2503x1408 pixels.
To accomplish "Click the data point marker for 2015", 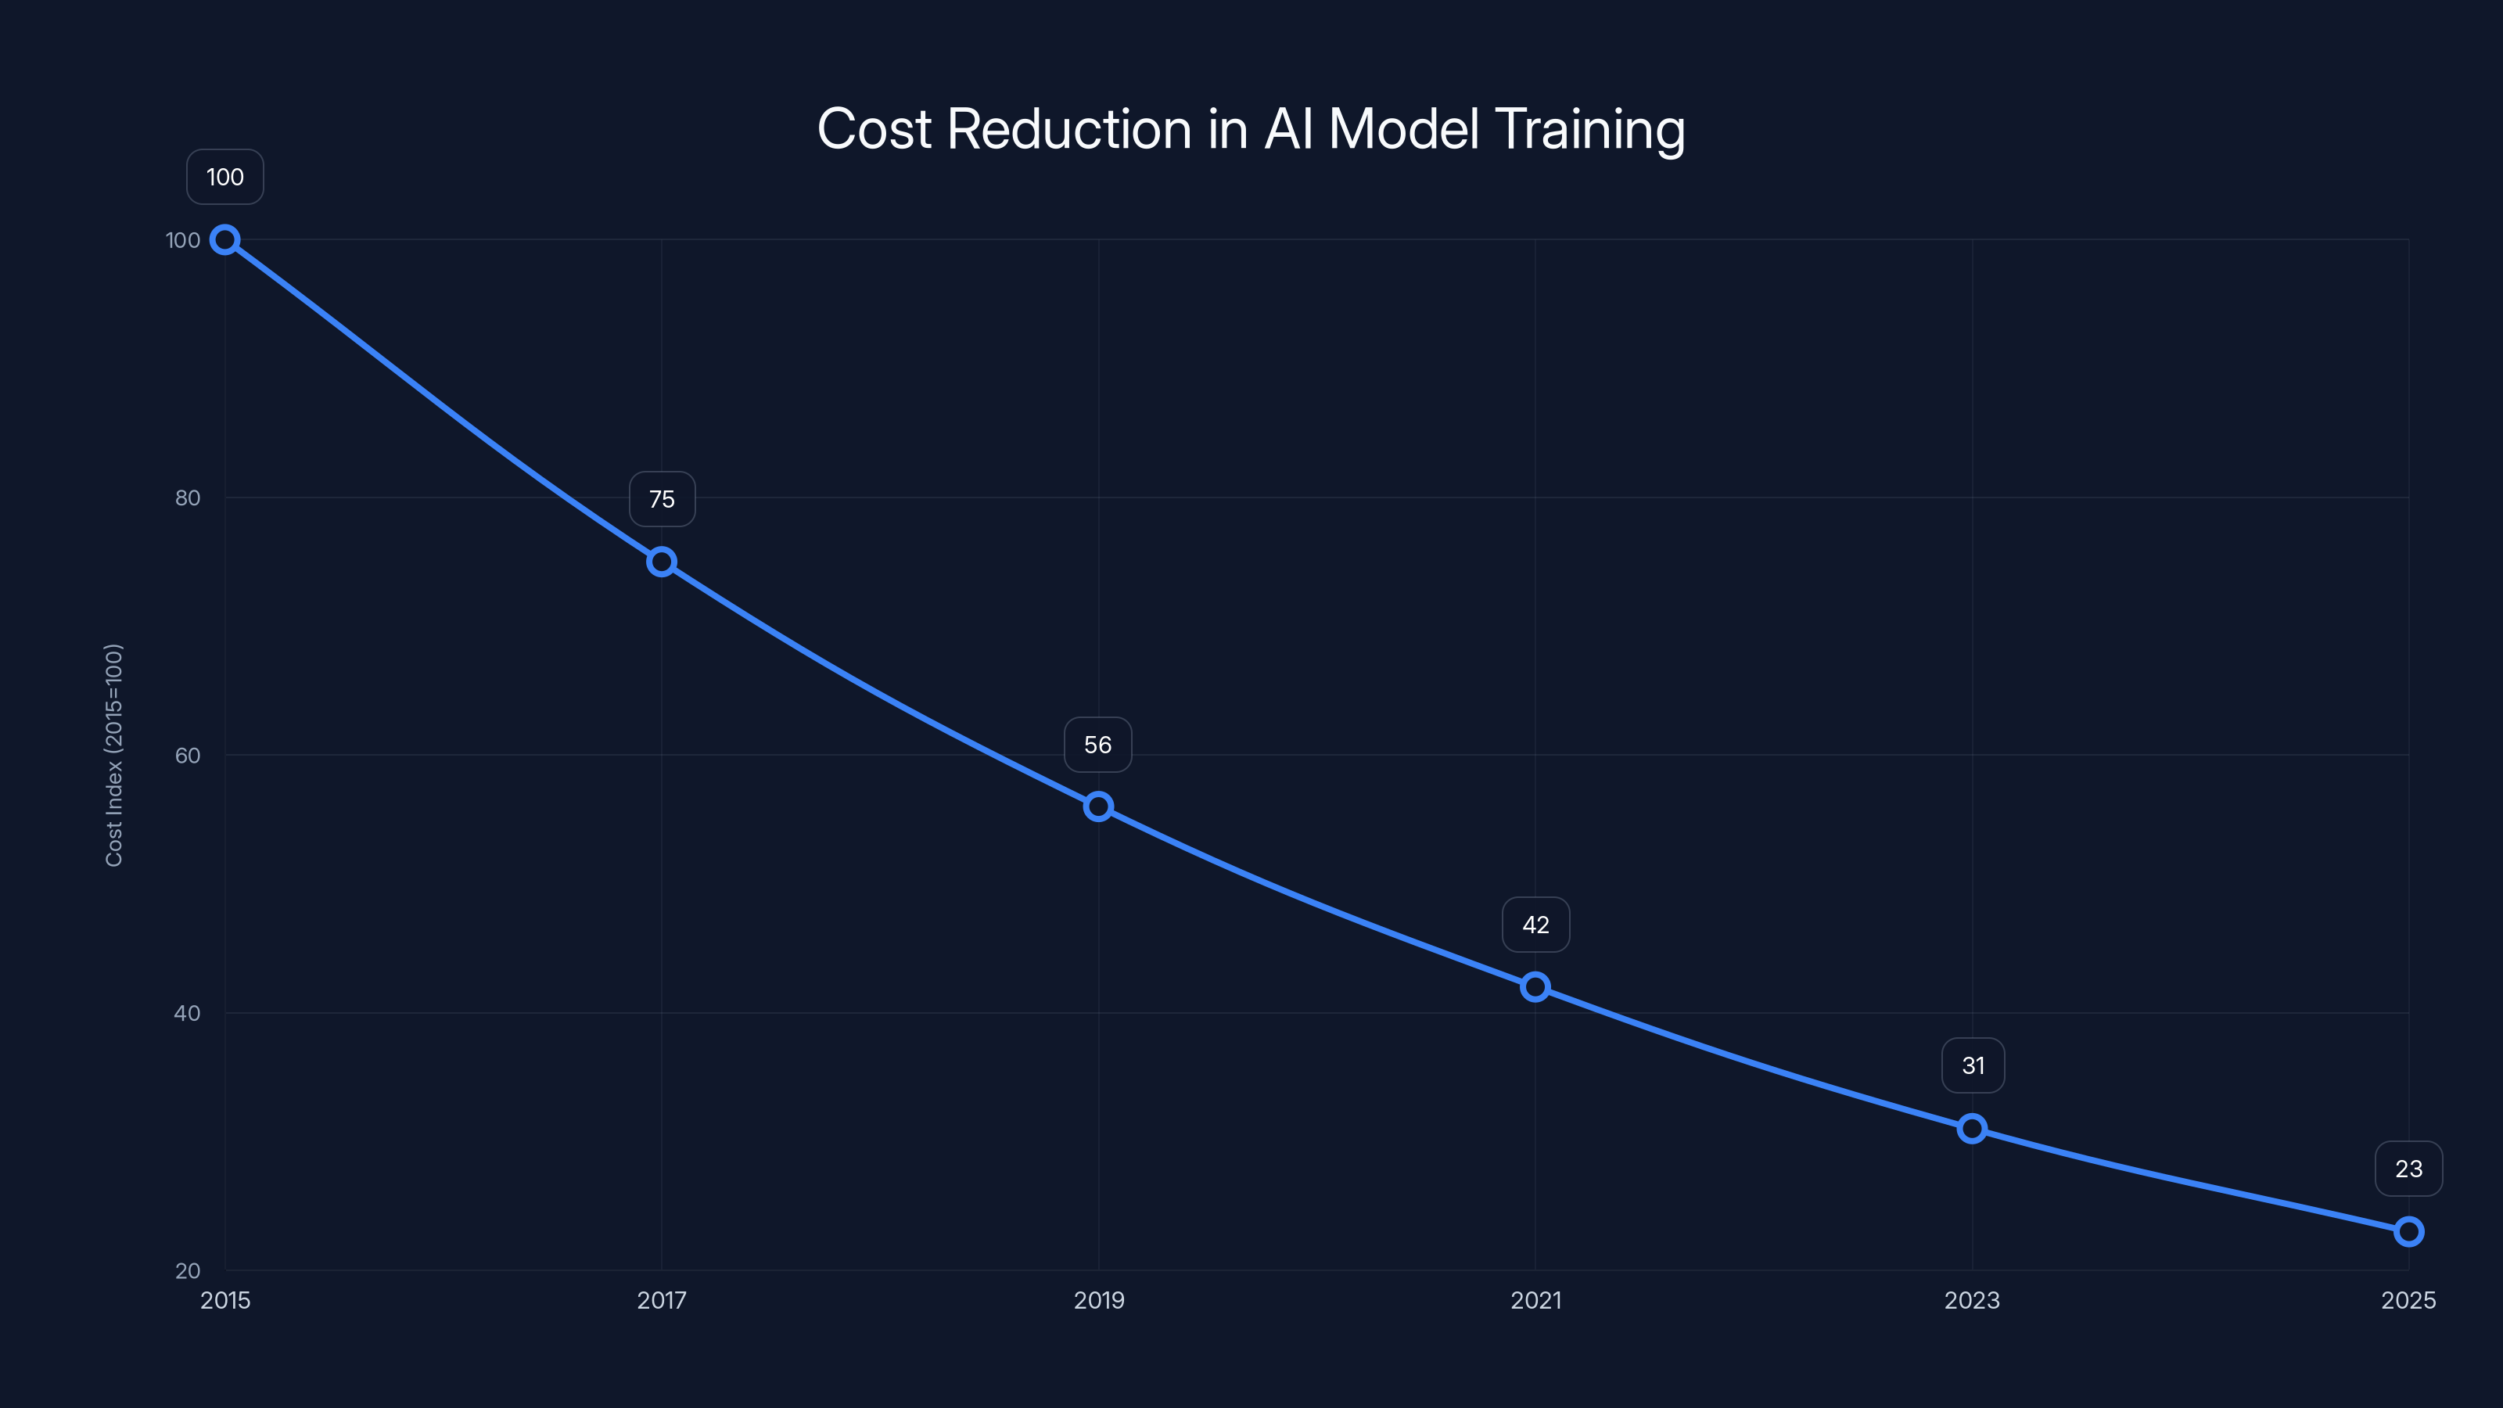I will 225,240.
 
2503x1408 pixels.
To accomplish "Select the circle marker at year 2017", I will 662,562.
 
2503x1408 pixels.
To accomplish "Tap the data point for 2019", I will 1098,806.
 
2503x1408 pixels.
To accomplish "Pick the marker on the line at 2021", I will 1535,987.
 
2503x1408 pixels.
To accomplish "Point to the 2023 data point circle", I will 1971,1129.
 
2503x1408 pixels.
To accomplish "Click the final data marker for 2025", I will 2409,1232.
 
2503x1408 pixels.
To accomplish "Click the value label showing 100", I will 225,177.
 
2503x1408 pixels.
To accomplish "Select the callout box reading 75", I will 662,500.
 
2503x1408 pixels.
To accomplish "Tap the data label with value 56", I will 1098,745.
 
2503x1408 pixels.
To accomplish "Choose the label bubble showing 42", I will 1535,925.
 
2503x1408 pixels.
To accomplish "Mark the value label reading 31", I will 1973,1066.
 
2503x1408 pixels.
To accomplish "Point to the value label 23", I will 2409,1169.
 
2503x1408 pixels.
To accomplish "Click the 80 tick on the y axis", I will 188,498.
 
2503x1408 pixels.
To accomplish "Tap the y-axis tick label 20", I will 188,1271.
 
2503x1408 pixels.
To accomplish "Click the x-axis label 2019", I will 1098,1301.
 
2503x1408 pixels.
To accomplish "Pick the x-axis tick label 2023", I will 1971,1301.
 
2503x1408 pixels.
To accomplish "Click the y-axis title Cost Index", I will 113,755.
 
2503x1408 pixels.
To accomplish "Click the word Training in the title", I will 1589,129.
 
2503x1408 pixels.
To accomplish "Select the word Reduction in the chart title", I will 1068,129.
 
